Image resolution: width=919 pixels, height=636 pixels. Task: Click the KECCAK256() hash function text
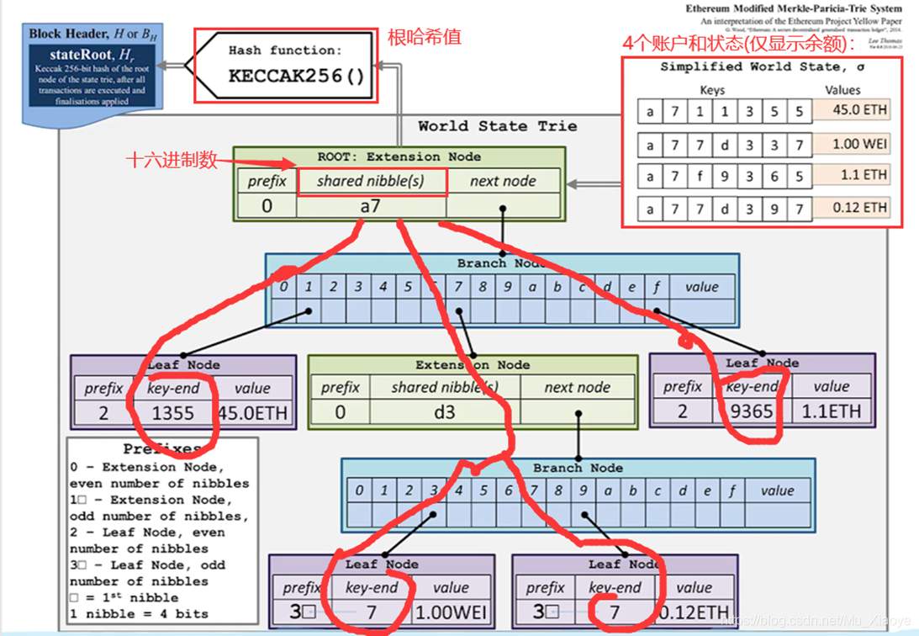point(296,76)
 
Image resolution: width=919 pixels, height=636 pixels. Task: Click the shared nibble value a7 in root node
point(370,205)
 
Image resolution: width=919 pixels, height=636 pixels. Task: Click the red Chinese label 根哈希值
point(424,38)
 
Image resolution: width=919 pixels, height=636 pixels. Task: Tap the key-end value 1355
point(172,413)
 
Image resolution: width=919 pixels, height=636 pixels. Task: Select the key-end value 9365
point(752,411)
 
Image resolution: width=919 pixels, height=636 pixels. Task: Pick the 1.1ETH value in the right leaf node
point(832,411)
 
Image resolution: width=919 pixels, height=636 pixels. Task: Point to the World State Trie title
point(497,126)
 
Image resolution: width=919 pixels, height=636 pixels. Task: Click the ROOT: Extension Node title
point(399,156)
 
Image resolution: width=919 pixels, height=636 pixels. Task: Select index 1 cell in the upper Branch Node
point(309,287)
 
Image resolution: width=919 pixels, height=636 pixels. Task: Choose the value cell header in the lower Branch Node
point(776,490)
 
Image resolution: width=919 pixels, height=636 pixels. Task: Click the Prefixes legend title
point(161,449)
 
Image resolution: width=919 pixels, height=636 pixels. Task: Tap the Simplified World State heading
point(760,66)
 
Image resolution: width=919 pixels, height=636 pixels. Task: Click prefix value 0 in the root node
point(267,205)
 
